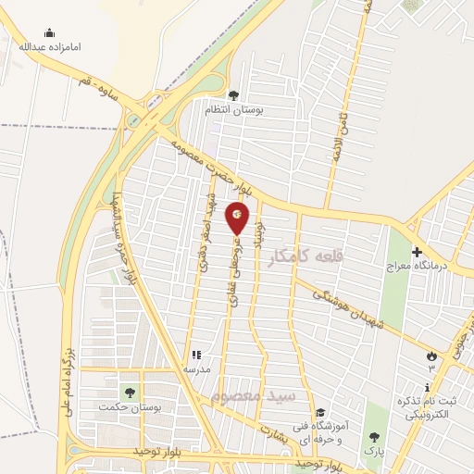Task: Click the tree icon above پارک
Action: (374, 436)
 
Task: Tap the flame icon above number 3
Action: (430, 355)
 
